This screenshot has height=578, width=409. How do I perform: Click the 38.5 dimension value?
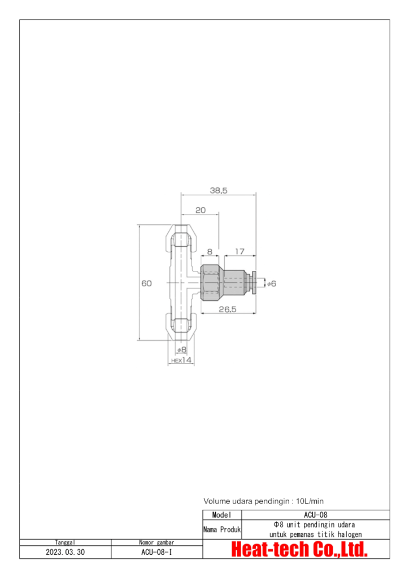218,191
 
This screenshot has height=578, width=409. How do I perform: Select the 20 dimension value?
200,210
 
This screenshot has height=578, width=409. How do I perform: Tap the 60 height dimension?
146,284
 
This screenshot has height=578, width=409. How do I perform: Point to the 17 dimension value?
240,251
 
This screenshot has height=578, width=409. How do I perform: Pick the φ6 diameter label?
271,283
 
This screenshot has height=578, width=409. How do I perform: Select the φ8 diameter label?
181,349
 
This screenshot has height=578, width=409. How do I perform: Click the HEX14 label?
181,360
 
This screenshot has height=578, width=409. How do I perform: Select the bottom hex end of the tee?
181,326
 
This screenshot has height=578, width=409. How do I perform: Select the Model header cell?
222,515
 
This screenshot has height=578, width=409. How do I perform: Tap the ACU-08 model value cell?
315,515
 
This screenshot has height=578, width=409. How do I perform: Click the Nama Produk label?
222,530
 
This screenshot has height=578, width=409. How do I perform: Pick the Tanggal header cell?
65,542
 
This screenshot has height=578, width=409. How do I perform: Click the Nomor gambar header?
156,542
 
